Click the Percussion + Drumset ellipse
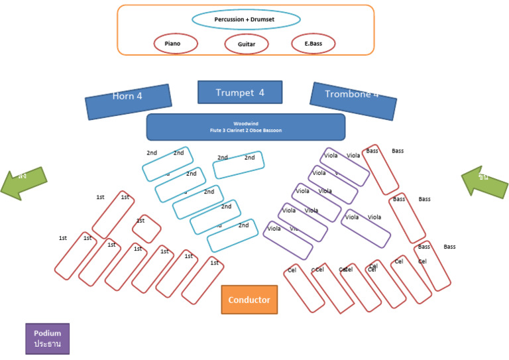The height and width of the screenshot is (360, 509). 237,19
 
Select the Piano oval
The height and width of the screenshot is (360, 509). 176,44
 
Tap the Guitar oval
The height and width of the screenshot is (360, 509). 247,44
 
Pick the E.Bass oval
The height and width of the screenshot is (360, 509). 313,44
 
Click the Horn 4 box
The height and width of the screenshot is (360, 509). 128,101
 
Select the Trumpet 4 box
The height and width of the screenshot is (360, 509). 240,92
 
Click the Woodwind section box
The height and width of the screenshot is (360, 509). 245,127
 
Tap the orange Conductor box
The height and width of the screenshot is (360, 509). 249,300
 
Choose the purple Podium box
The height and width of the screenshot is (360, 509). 47,338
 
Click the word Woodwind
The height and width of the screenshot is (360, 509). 245,123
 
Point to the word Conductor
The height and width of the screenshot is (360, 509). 249,300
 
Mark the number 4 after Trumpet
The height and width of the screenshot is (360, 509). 261,92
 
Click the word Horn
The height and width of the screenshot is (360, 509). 122,96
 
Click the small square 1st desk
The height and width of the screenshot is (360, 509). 146,229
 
